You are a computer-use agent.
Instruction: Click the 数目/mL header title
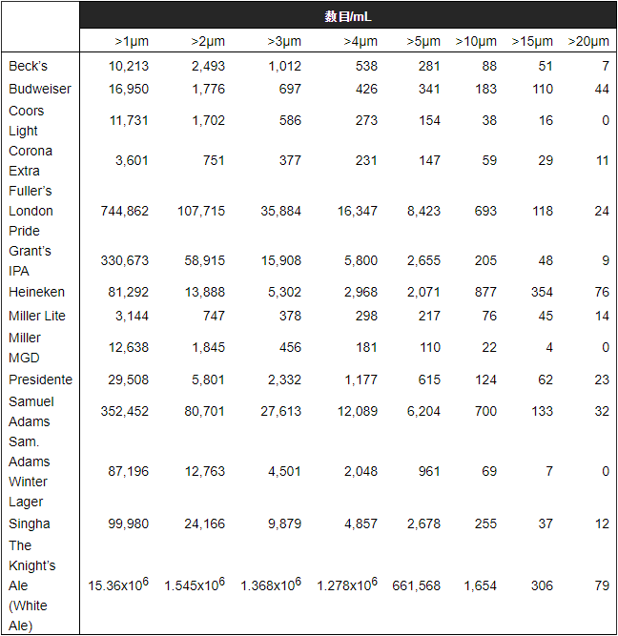click(347, 16)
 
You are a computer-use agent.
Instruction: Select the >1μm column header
click(132, 41)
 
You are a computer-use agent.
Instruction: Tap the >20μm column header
click(588, 41)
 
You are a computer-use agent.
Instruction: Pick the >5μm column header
click(423, 41)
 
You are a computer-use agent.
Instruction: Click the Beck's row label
click(28, 66)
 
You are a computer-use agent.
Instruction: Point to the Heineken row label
click(37, 292)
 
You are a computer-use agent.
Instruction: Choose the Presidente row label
click(40, 380)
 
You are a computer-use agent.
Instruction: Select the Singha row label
click(30, 523)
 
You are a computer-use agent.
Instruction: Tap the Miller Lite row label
click(37, 316)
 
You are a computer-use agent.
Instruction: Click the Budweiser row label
click(40, 89)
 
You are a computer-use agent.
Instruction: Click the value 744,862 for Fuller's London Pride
click(125, 211)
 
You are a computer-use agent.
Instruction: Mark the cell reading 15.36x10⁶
click(118, 585)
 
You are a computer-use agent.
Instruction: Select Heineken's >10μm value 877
click(485, 292)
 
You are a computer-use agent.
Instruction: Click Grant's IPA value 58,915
click(201, 260)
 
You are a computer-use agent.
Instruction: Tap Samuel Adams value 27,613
click(280, 411)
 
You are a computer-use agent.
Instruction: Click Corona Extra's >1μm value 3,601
click(132, 160)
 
